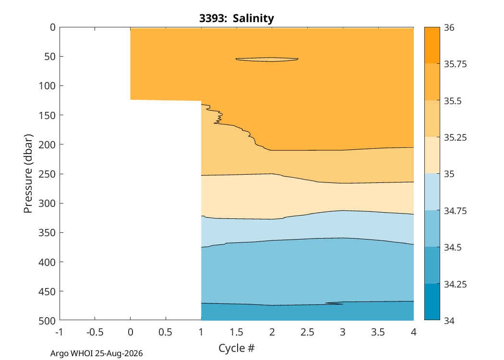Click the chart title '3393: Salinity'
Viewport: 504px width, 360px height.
click(237, 18)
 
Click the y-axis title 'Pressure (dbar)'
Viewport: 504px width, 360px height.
click(28, 174)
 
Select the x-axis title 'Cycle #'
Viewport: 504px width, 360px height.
click(237, 348)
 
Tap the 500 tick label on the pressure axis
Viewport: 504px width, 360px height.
click(47, 321)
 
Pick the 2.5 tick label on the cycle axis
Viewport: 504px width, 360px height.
click(307, 332)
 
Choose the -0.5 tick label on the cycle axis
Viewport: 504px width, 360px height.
click(95, 332)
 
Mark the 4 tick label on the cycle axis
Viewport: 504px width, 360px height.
click(414, 332)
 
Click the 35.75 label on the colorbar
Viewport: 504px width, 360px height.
click(455, 64)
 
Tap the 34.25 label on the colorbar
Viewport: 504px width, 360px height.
click(455, 284)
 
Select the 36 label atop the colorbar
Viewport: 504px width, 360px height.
click(449, 28)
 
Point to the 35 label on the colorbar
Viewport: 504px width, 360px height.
click(449, 174)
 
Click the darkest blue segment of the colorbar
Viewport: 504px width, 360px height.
click(432, 302)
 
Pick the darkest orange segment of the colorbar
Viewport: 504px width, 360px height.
click(432, 45)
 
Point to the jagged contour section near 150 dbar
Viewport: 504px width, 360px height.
click(216, 115)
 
